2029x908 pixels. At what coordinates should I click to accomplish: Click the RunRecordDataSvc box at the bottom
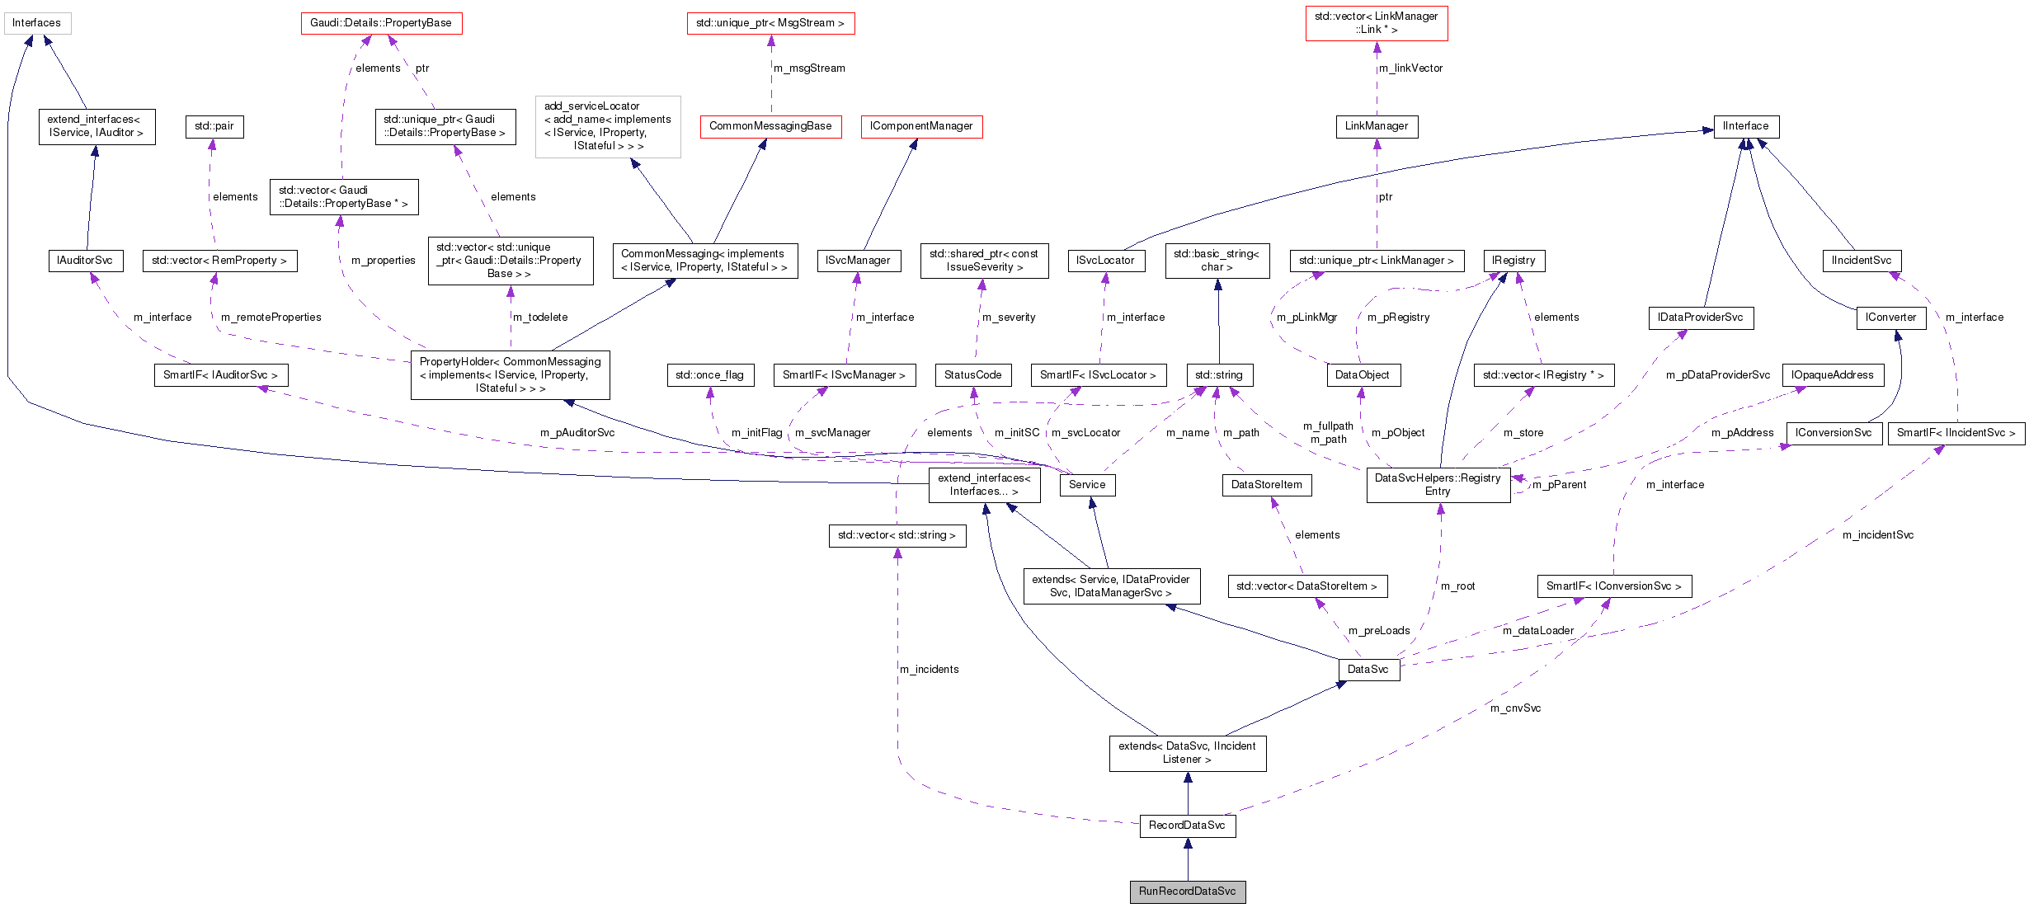tap(1187, 892)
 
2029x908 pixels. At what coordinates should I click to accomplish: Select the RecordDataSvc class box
tap(1187, 826)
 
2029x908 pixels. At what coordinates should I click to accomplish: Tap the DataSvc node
tap(1368, 670)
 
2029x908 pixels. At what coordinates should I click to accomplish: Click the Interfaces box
tap(37, 23)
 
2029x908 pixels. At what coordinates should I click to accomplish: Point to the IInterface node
tap(1745, 126)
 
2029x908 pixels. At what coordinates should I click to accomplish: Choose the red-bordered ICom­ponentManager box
tap(920, 126)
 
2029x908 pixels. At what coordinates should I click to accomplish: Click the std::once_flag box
tap(709, 375)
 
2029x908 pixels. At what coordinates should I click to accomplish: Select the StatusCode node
tap(972, 375)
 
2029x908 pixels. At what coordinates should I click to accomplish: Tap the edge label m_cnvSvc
tap(1515, 708)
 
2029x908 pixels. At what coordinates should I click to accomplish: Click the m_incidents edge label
tap(929, 670)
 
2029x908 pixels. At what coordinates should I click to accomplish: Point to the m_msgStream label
tap(809, 68)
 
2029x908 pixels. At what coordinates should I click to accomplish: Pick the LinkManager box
tap(1376, 126)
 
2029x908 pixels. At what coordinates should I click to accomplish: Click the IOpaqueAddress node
tap(1832, 375)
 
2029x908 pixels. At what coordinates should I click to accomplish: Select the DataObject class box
tap(1362, 375)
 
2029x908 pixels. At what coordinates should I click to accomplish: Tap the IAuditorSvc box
tap(85, 261)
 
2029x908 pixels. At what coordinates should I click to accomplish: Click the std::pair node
tap(214, 126)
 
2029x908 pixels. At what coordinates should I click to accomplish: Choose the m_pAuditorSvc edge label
tap(577, 433)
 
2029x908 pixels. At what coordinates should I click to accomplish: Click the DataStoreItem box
tap(1266, 485)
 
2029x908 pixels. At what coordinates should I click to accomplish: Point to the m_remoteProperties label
tap(271, 318)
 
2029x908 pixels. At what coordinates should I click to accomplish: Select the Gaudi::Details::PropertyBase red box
tap(381, 23)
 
